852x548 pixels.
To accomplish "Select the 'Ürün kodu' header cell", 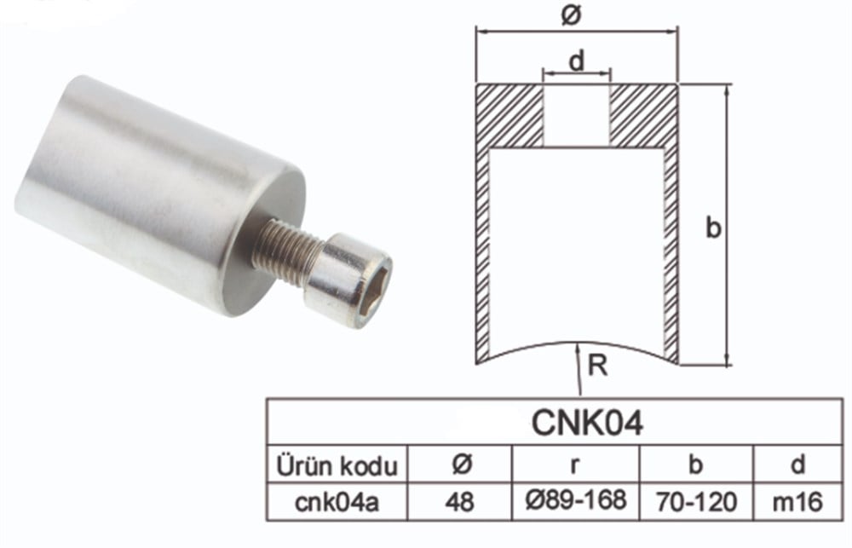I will (337, 466).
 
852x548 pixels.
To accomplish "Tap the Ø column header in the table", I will (460, 466).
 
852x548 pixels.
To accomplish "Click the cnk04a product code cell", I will (337, 502).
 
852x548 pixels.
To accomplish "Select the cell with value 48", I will (460, 502).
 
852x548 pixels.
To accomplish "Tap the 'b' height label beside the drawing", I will (714, 228).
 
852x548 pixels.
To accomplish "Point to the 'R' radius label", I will (597, 367).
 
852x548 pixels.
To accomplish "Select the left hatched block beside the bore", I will (509, 115).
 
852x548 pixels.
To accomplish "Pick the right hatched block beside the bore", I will (643, 115).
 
